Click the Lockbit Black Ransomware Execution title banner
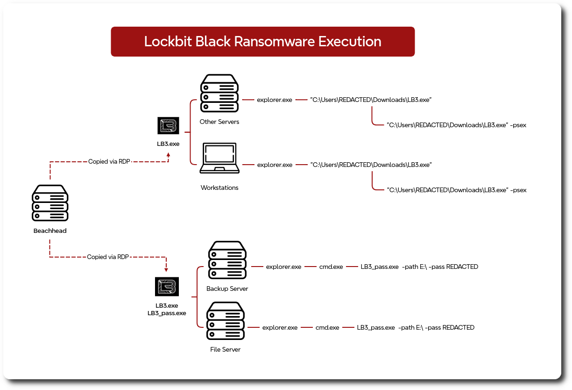click(x=262, y=42)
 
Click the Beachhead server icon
click(x=50, y=203)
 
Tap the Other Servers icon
click(x=219, y=93)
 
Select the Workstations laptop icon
click(x=219, y=159)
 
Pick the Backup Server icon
click(x=227, y=260)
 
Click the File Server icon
click(x=225, y=321)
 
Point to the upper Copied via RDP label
click(x=109, y=162)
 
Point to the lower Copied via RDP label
click(x=108, y=257)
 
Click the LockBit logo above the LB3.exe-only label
click(x=168, y=126)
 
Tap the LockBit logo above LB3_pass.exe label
click(x=167, y=287)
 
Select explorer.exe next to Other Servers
click(x=275, y=100)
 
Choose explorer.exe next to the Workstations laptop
click(x=275, y=165)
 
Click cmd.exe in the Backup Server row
click(x=331, y=267)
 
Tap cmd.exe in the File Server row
click(x=327, y=328)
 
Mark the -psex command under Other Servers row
click(x=456, y=125)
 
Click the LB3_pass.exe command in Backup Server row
click(x=419, y=267)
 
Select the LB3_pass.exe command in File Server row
click(x=415, y=328)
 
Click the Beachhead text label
click(x=50, y=231)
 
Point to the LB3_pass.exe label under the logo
click(x=167, y=313)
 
